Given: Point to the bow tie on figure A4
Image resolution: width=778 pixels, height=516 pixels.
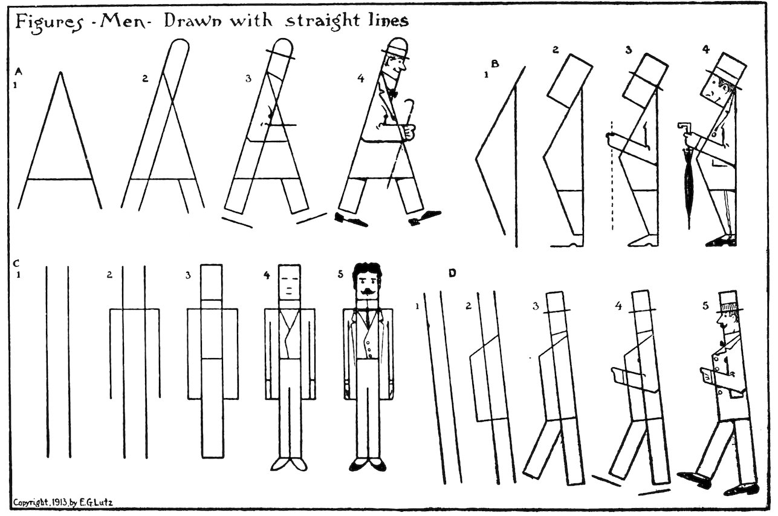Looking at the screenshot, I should click(x=393, y=94).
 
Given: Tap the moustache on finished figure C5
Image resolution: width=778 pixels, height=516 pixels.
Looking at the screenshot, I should click(x=368, y=293).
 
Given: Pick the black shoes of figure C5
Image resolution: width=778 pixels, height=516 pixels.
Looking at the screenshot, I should click(x=368, y=465).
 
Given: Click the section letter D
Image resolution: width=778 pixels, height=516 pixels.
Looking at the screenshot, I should click(x=452, y=273).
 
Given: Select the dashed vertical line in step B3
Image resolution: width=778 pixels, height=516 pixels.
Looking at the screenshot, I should click(x=612, y=181).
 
